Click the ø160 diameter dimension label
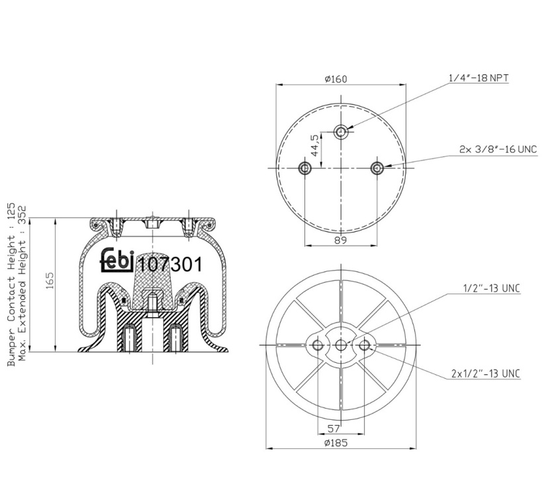[336, 79]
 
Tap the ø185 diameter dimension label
[336, 443]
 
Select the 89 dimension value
[341, 240]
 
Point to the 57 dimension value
[334, 428]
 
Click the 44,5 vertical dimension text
[314, 145]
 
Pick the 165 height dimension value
[49, 281]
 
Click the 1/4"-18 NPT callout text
[478, 77]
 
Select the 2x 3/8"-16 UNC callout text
[498, 150]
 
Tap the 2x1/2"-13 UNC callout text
[485, 373]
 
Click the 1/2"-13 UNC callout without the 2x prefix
[491, 289]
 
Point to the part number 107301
[170, 264]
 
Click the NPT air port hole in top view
[341, 132]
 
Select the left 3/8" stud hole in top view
[305, 168]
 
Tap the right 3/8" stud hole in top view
[377, 168]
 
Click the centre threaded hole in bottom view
[341, 345]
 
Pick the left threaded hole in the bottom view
[318, 345]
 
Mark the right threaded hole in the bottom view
[364, 345]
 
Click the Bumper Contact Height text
[11, 284]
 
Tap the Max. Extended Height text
[23, 283]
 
